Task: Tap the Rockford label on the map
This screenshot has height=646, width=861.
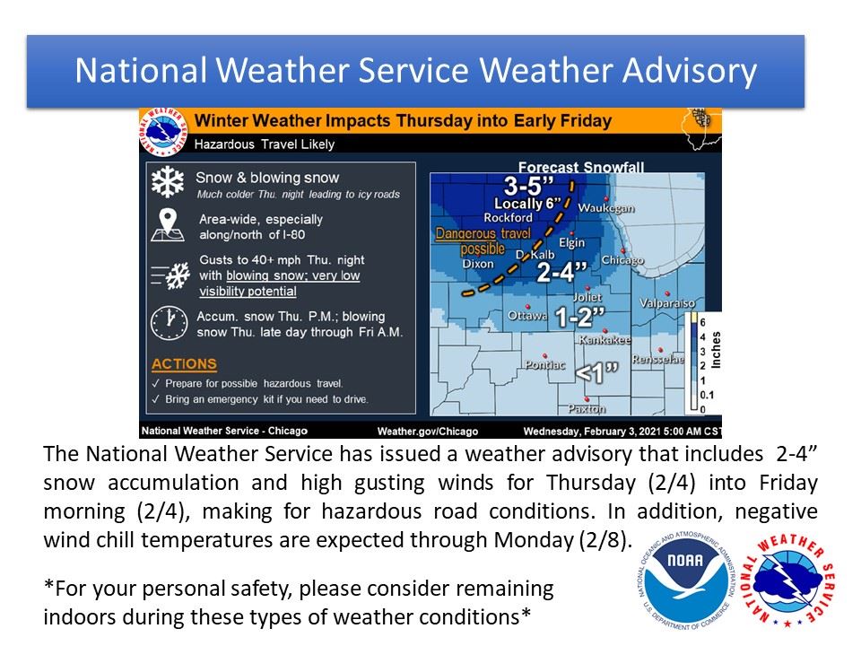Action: click(x=508, y=217)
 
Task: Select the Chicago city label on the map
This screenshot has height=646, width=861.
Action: click(x=622, y=260)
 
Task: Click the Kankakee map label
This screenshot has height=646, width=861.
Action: click(x=604, y=340)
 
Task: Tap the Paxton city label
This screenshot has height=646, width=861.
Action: click(x=587, y=408)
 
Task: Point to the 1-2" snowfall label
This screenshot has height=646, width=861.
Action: click(x=580, y=317)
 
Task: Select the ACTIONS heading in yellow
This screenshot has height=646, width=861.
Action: click(x=184, y=364)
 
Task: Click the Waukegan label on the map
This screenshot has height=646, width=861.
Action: click(x=606, y=208)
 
